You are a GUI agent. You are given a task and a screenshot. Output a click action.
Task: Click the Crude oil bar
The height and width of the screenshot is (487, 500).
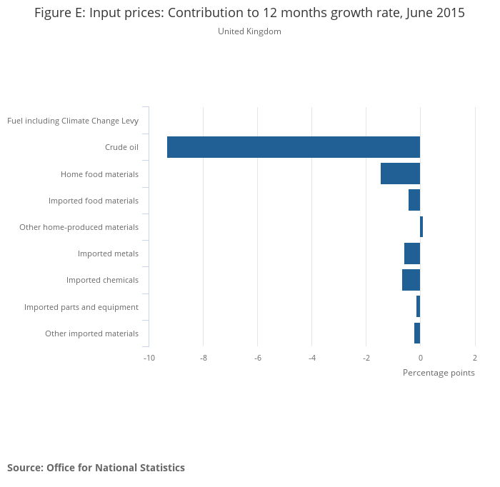[x=293, y=147]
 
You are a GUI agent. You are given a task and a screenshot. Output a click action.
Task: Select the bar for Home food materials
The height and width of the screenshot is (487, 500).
[x=400, y=174]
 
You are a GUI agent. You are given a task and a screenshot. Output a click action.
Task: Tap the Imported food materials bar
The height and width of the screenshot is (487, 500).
[x=414, y=200]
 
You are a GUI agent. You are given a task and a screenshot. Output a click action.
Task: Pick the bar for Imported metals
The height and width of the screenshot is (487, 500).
[x=412, y=253]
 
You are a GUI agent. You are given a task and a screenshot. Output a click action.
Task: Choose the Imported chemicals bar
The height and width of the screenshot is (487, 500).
[x=411, y=280]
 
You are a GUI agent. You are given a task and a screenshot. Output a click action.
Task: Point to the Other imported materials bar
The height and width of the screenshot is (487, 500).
[x=417, y=333]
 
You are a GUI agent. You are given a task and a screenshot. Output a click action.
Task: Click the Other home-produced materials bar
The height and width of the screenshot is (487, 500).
[x=421, y=227]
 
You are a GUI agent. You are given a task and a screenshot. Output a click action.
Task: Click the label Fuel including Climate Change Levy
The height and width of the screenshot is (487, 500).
[x=73, y=121]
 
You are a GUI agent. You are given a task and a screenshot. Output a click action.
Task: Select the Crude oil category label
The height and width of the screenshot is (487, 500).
[x=121, y=147]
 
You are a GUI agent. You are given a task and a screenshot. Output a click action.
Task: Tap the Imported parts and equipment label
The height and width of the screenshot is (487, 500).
[x=81, y=307]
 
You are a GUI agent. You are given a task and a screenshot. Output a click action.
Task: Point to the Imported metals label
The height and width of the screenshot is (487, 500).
[x=108, y=253]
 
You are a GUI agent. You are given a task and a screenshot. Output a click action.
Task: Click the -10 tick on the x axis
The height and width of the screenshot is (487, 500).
[x=149, y=357]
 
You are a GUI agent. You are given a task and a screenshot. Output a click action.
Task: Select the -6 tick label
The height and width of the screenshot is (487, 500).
[x=257, y=357]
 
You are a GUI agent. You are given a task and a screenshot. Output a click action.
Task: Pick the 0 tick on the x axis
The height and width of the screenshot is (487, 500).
[x=420, y=357]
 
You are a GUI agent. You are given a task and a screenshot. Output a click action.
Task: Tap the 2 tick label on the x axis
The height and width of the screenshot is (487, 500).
[x=474, y=357]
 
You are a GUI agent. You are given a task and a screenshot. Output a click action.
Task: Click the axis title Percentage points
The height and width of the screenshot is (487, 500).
[x=439, y=373]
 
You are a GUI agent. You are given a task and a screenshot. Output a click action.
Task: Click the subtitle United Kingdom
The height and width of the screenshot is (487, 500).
[x=249, y=31]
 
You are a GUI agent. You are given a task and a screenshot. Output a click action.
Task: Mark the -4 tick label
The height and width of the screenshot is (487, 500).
[x=311, y=357]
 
